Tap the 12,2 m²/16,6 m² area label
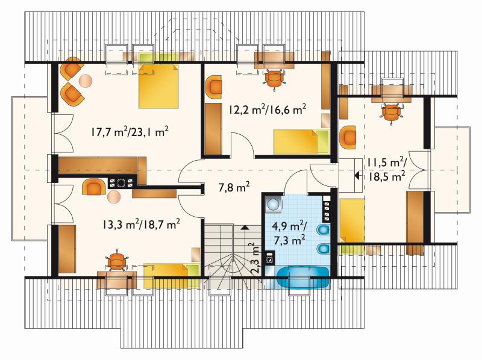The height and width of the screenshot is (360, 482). click(267, 110)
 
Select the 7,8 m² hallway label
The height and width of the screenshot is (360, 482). click(234, 187)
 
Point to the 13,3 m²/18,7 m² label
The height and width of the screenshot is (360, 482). click(141, 224)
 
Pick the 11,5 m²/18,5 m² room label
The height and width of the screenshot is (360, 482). click(386, 170)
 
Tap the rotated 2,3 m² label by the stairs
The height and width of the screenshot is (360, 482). click(254, 259)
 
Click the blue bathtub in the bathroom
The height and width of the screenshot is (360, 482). click(303, 278)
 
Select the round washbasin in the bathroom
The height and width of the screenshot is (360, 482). click(273, 203)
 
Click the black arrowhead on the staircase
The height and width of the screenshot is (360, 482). click(245, 228)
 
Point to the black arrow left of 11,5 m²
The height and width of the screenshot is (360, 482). click(357, 176)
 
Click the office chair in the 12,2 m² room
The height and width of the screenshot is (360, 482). click(274, 79)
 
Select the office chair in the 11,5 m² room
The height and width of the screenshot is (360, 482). click(391, 113)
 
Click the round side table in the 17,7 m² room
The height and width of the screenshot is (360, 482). click(86, 81)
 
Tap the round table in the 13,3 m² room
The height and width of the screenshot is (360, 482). click(114, 197)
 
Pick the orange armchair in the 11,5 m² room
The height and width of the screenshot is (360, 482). click(348, 137)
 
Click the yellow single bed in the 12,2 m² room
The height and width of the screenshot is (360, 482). click(301, 141)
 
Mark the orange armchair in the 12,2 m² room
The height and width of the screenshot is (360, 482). click(213, 87)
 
